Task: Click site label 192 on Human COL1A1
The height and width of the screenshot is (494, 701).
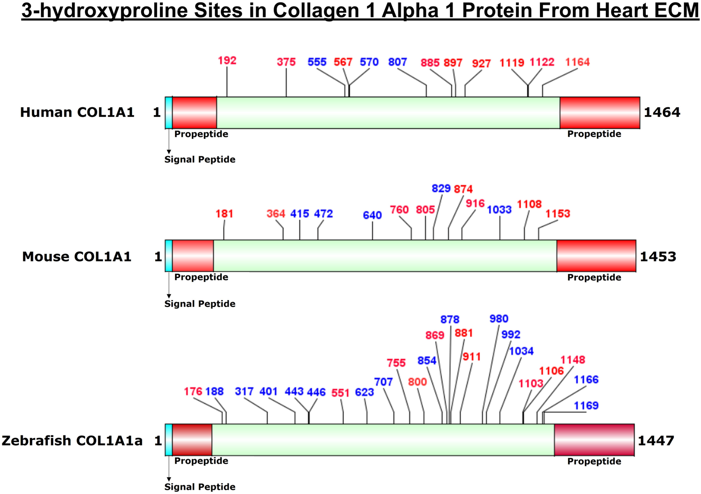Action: click(x=227, y=60)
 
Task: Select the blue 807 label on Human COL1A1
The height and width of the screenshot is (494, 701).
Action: click(x=397, y=62)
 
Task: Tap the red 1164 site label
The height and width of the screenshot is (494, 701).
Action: click(x=577, y=62)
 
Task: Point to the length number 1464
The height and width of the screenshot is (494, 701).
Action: click(x=662, y=112)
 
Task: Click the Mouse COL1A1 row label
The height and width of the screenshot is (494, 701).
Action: click(x=77, y=256)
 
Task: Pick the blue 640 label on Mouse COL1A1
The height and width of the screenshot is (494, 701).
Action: click(x=372, y=215)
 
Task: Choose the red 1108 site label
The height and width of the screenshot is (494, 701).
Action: click(x=529, y=204)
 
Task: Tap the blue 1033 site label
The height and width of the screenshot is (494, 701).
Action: click(x=499, y=210)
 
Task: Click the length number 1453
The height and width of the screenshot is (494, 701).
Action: click(x=658, y=256)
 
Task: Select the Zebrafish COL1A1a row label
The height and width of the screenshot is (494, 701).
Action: click(x=73, y=440)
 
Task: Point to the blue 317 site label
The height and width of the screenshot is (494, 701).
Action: click(x=244, y=391)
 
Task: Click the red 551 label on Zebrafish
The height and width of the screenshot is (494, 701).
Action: click(x=340, y=393)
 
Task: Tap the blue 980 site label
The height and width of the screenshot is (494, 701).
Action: click(x=499, y=319)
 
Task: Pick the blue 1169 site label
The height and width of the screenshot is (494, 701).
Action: click(x=586, y=406)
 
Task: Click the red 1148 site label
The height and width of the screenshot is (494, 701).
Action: click(x=573, y=360)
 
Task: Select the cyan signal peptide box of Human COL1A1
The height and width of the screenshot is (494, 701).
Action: click(x=169, y=113)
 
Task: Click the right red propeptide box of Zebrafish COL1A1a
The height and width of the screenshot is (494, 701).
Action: click(x=594, y=440)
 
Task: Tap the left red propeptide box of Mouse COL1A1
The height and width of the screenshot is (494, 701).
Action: click(x=193, y=256)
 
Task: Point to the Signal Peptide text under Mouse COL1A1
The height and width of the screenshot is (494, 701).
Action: click(x=200, y=304)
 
